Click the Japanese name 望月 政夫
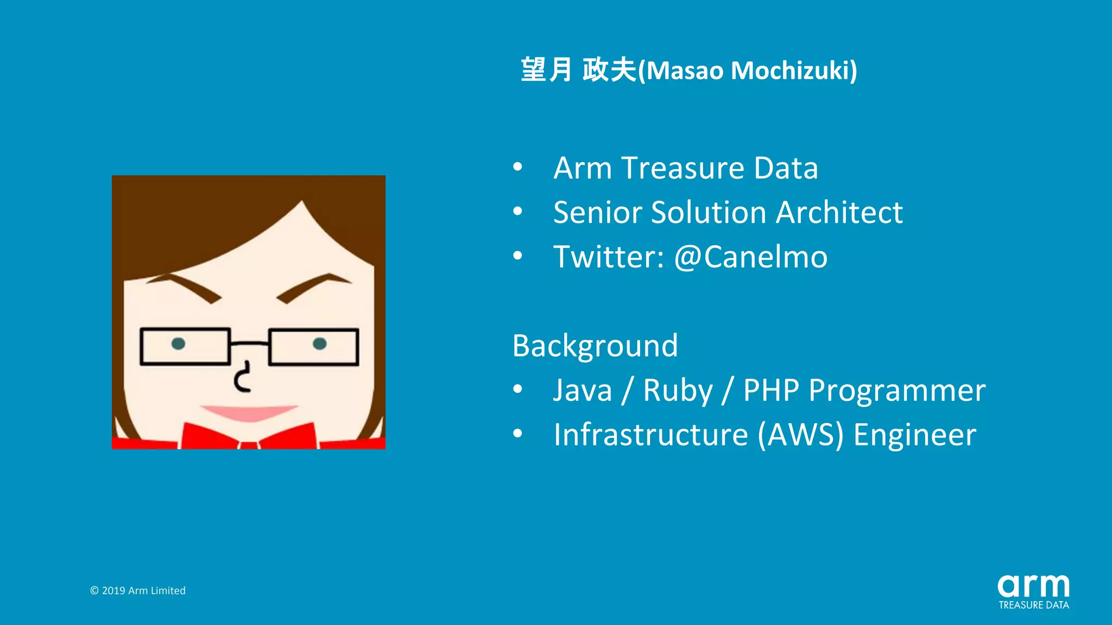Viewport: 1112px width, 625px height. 578,70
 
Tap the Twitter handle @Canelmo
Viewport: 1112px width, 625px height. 750,257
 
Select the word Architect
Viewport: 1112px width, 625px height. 839,212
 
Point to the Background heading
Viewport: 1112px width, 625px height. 595,346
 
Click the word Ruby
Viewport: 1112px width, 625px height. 678,391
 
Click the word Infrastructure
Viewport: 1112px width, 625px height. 650,435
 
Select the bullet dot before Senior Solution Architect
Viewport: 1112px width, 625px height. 517,212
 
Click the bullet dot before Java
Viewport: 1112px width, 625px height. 517,389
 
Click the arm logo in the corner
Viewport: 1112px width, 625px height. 1033,586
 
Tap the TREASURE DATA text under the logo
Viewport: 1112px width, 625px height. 1033,605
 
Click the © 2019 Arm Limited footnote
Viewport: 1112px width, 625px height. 138,590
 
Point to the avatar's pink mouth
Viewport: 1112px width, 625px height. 249,412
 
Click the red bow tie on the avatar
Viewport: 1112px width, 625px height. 249,437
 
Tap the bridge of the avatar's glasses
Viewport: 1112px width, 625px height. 249,343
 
